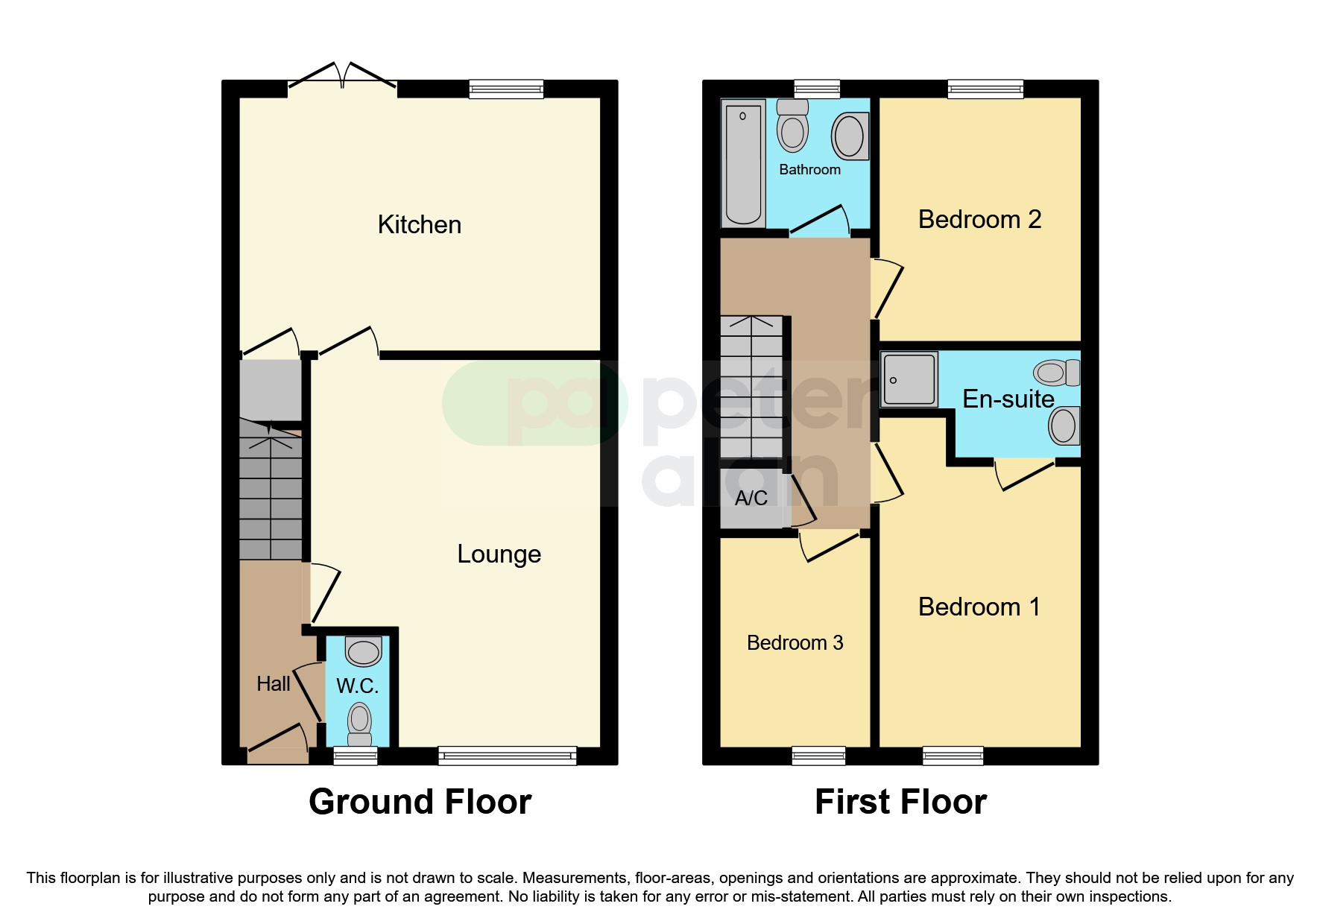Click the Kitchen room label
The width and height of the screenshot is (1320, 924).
[420, 224]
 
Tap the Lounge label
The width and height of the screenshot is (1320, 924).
[499, 554]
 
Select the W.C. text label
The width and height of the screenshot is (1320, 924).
[358, 686]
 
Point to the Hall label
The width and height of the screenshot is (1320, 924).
[274, 683]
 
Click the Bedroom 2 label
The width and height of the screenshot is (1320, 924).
[979, 219]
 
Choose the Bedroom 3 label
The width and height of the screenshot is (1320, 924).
[795, 642]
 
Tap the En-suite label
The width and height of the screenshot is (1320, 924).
[1008, 399]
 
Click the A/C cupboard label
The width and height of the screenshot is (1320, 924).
[751, 498]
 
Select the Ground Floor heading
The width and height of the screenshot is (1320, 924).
[420, 802]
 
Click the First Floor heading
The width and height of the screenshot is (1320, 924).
[900, 802]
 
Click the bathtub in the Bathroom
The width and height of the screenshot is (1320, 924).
[743, 162]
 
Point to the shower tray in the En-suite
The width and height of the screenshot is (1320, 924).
[909, 379]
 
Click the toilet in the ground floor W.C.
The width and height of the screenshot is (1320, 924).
[360, 724]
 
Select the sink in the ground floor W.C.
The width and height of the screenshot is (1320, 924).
[364, 651]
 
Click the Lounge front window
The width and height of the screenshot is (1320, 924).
[508, 756]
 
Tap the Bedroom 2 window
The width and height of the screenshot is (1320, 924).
[985, 89]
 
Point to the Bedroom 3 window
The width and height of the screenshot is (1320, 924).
[818, 756]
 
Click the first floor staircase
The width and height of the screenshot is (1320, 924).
[751, 387]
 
